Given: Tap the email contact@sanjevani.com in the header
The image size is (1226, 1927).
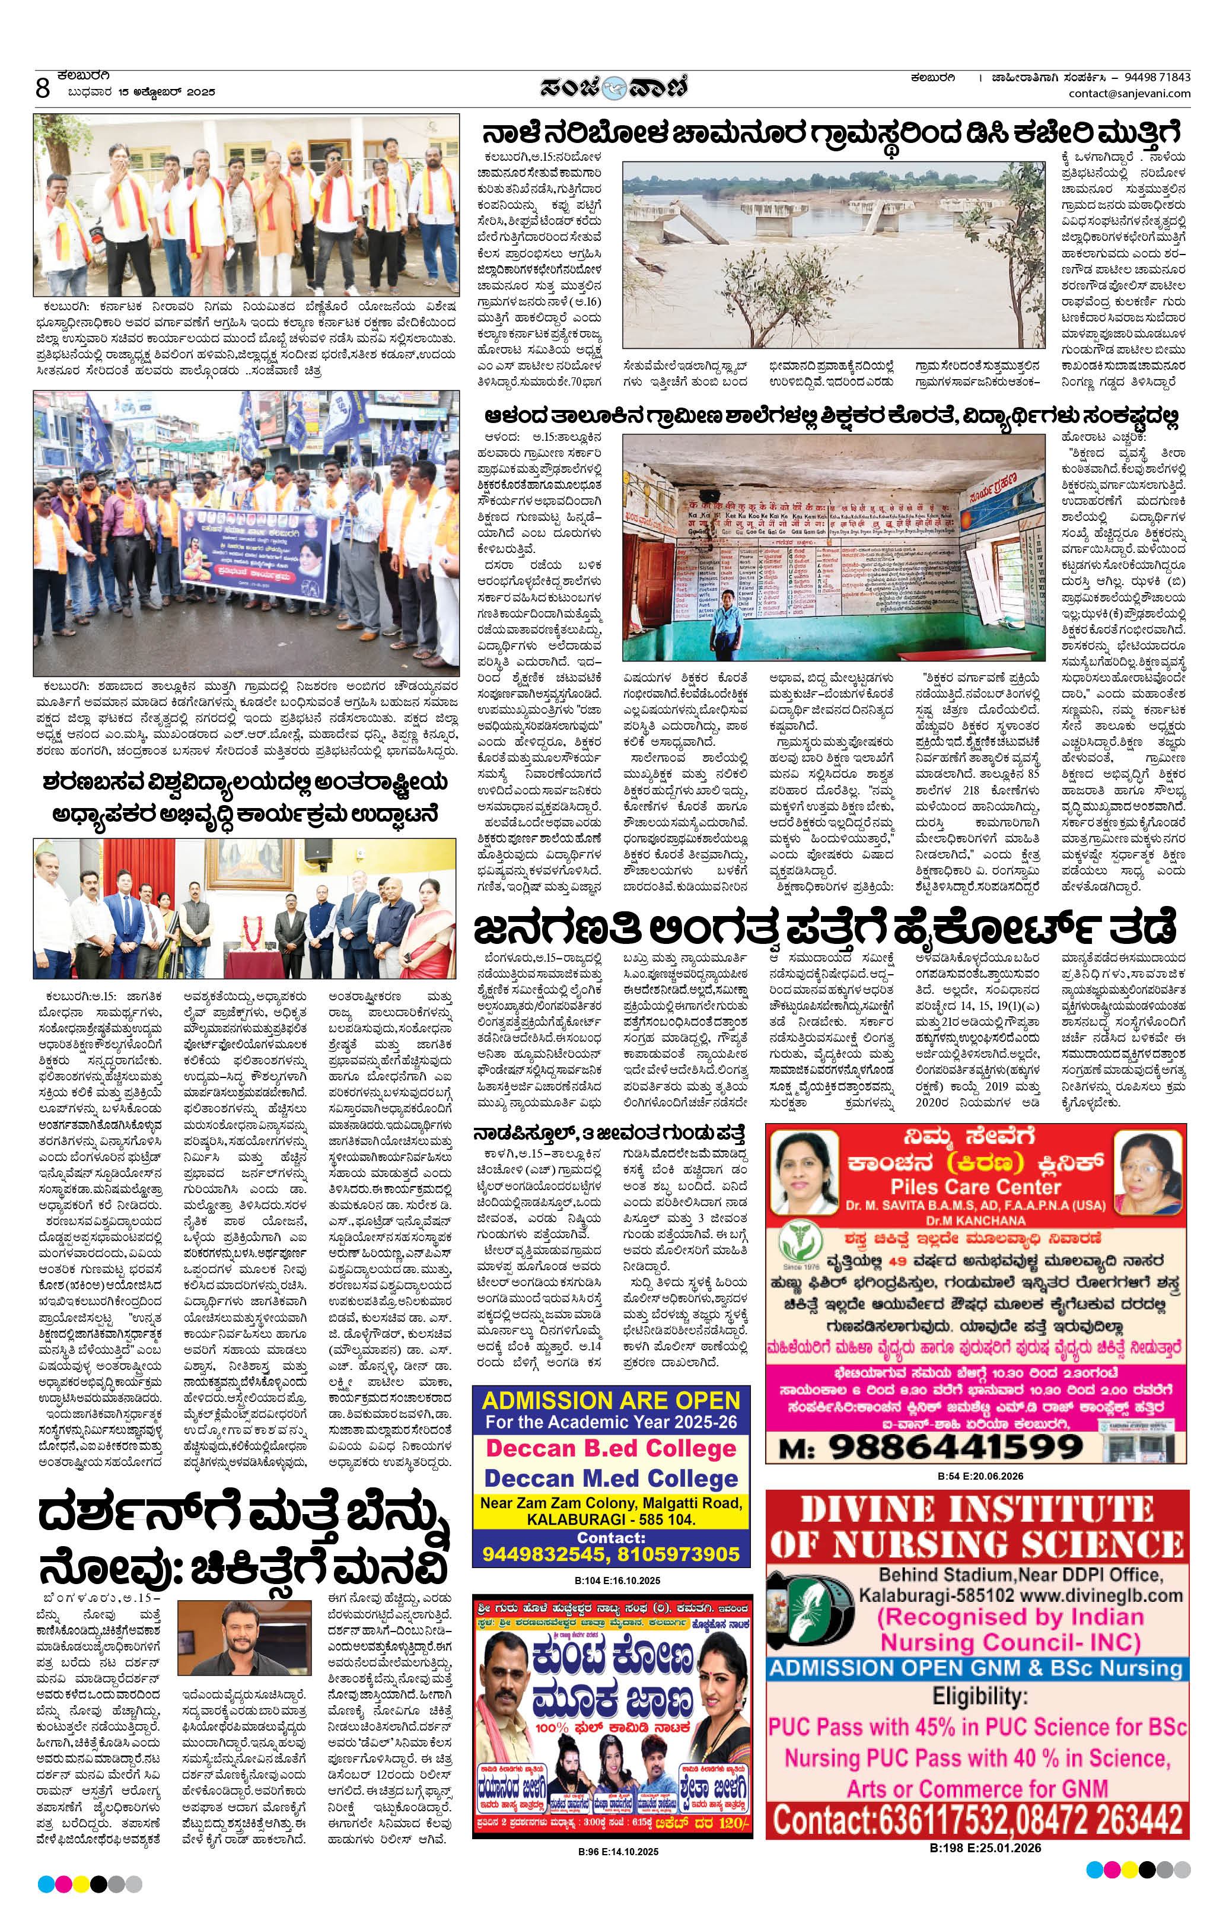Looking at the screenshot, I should click(x=1129, y=94).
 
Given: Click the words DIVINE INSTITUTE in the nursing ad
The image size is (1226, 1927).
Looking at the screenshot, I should click(x=976, y=1510).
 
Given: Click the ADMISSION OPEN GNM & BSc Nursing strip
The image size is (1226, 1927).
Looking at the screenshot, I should click(x=976, y=1668).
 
